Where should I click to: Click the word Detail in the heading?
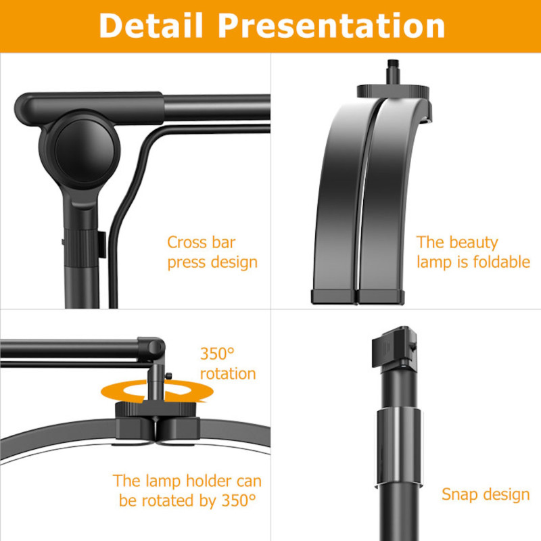point(150,26)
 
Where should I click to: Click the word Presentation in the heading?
point(331,26)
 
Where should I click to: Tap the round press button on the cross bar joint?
point(85,151)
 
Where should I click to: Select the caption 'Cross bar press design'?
point(212,252)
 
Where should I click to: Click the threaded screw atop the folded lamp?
point(393,72)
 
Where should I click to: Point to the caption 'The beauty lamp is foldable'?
point(473,252)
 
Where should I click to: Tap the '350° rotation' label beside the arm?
point(228,364)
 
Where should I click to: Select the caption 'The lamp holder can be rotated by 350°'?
point(187,491)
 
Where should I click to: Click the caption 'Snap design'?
point(486,495)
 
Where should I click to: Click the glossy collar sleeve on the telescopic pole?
point(399,448)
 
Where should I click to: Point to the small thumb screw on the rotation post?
point(168,376)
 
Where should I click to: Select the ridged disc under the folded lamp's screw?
point(393,91)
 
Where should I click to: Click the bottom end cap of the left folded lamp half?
point(333,297)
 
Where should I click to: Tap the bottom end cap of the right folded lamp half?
point(381,298)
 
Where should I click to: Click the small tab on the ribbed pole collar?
point(102,245)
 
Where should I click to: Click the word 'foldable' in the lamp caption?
point(502,262)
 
